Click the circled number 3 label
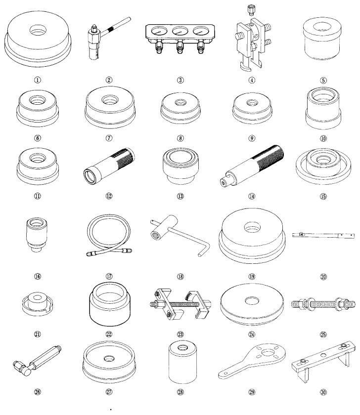tap(180, 80)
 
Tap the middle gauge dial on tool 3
tap(180, 31)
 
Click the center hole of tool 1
tap(38, 30)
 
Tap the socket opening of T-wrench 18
tap(154, 233)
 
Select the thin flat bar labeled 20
tap(323, 235)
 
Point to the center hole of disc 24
tap(252, 300)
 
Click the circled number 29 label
tap(252, 392)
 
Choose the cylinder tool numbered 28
tap(182, 362)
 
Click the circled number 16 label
tap(38, 276)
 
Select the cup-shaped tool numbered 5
tap(322, 39)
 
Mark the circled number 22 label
tap(109, 334)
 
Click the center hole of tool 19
tap(252, 227)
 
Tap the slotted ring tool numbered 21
tap(38, 304)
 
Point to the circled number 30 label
tap(323, 392)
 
